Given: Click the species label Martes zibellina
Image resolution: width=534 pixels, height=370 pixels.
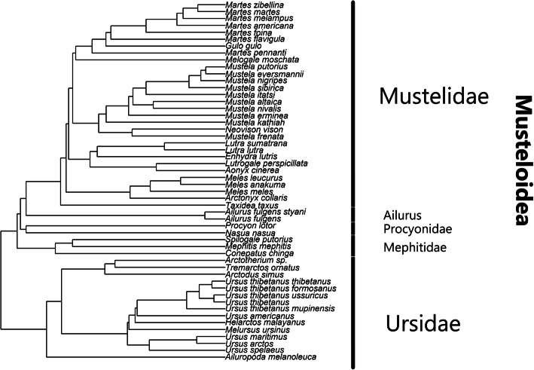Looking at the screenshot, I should click(x=252, y=5).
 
